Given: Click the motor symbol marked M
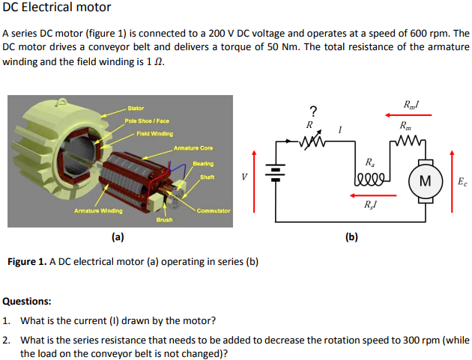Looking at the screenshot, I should pos(425,180).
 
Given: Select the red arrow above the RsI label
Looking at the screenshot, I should pos(372,194).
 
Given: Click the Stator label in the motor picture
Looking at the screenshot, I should pos(136,109).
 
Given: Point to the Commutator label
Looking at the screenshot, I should pos(213,210).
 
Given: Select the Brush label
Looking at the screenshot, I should pos(165,219).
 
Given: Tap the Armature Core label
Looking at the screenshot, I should pos(193,148).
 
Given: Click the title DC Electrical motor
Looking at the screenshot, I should pos(57,7).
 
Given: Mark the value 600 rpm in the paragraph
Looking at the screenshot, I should pos(428,34).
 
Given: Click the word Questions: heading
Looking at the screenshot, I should pos(27,302).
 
